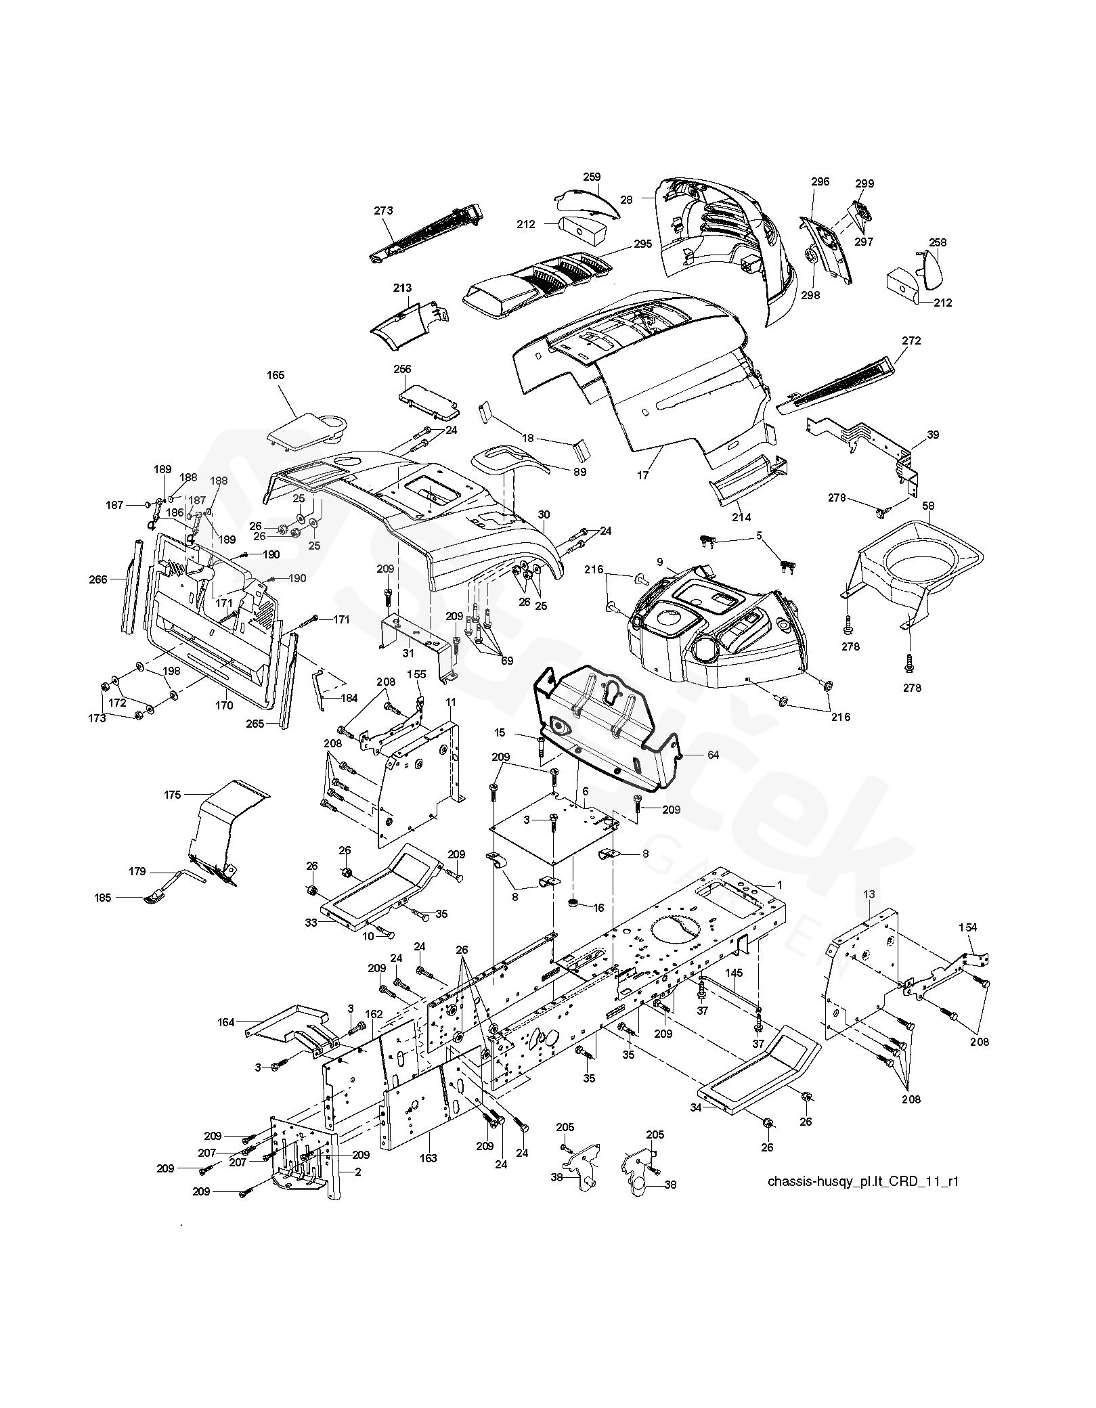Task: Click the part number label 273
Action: point(383,211)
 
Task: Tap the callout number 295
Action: point(642,244)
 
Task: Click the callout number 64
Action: point(713,755)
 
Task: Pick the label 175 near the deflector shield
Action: point(173,795)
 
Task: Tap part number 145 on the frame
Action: point(734,973)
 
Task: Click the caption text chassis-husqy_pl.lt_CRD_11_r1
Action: point(863,1181)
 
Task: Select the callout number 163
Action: point(428,1158)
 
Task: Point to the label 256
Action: point(402,369)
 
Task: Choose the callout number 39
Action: point(933,435)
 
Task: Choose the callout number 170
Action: point(224,705)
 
